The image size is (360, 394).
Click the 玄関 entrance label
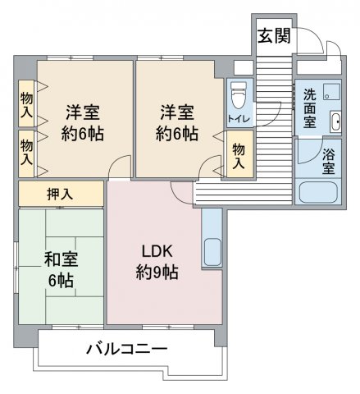274,35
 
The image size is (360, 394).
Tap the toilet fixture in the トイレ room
239,97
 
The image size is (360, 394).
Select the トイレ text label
239,119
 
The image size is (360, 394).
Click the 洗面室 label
310,109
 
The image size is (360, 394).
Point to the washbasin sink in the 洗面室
335,121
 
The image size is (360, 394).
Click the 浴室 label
328,162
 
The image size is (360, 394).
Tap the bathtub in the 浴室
318,191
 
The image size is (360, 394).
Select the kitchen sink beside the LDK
212,252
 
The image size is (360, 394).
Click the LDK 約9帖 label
157,262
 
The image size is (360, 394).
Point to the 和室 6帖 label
61,270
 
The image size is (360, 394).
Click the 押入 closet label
60,194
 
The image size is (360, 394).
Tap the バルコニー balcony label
126,349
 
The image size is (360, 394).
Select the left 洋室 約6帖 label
83,122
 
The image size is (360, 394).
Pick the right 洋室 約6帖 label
177,122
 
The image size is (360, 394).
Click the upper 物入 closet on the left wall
26,103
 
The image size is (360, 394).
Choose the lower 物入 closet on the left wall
26,153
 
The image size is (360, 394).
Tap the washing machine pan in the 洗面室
332,92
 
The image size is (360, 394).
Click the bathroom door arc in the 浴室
314,157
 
